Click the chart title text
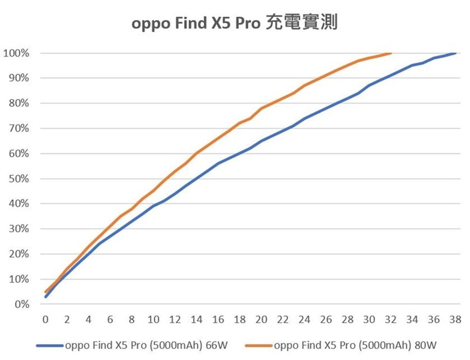tap(234, 24)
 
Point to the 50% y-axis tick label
tap(18, 179)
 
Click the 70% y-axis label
tap(18, 129)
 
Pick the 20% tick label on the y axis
tap(18, 254)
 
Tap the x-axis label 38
tap(455, 320)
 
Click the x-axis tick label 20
tap(261, 320)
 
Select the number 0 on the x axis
tap(45, 320)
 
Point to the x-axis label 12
tap(175, 320)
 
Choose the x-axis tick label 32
tap(391, 320)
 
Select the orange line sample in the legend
tap(259, 345)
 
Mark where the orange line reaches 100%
tap(391, 53)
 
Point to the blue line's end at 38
tap(455, 53)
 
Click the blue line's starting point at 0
tap(46, 296)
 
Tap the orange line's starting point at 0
tap(46, 292)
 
